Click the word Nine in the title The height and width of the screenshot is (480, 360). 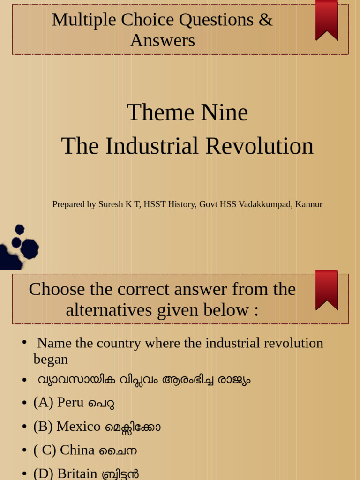pos(225,112)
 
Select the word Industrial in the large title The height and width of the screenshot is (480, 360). pos(152,146)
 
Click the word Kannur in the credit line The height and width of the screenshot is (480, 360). pos(309,204)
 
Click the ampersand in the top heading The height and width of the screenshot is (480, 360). pos(266,20)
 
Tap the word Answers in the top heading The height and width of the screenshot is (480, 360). pos(163,41)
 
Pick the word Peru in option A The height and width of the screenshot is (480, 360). pos(70,402)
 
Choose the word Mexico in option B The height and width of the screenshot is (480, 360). pos(78,426)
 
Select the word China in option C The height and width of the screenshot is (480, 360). pos(77,450)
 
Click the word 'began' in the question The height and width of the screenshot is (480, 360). pos(51,359)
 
